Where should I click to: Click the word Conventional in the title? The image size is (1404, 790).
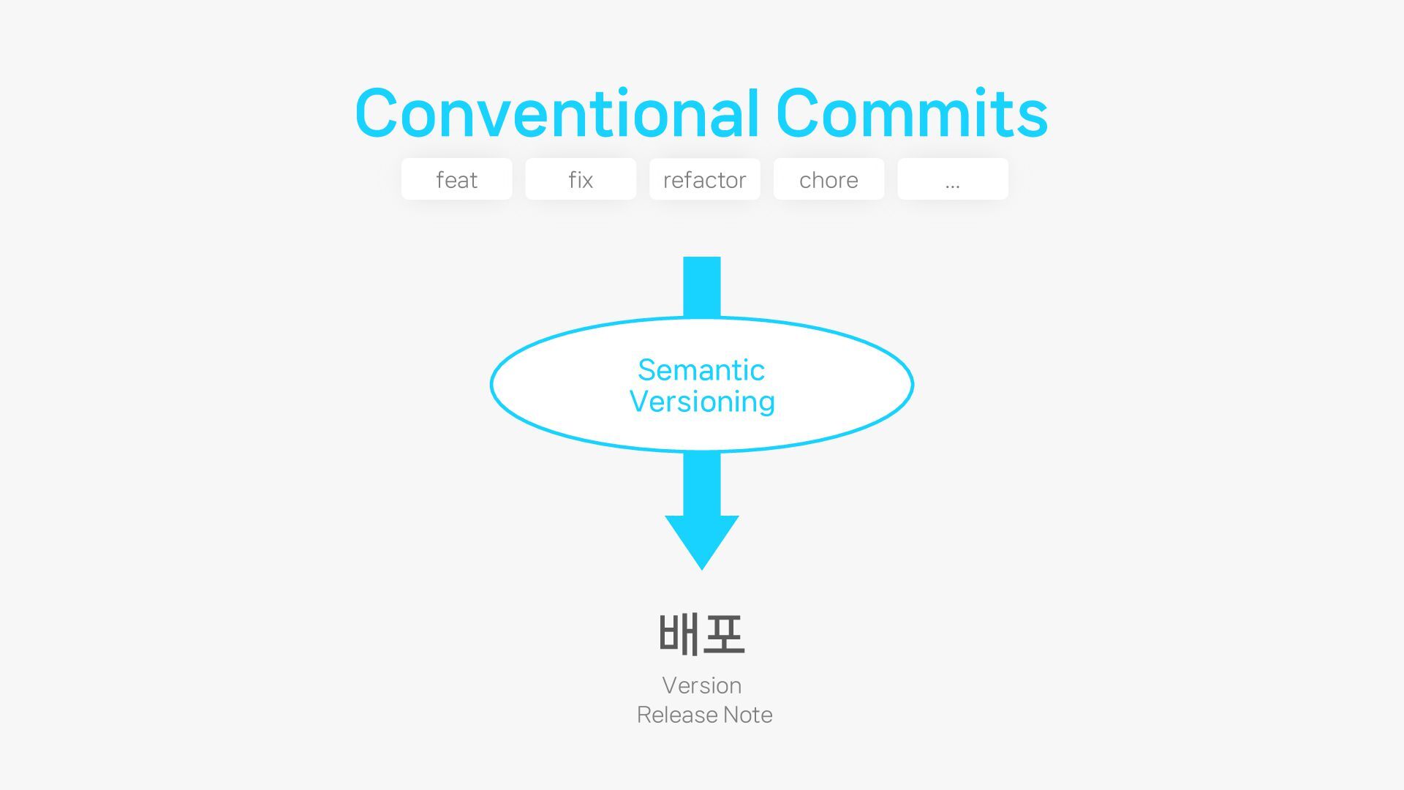point(557,113)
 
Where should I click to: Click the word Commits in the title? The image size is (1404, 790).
point(911,113)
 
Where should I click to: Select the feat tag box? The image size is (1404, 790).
point(456,179)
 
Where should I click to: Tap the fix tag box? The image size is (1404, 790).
point(581,179)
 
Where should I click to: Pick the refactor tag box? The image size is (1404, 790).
point(704,179)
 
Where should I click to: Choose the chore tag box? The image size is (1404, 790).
point(829,179)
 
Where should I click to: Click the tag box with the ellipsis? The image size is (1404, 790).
point(952,179)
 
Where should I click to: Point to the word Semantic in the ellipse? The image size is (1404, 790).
point(701,370)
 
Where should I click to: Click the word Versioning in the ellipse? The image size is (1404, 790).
point(702,402)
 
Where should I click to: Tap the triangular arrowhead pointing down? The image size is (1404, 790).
point(702,539)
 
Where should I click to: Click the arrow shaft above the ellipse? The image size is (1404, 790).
point(702,286)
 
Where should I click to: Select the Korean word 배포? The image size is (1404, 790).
point(702,634)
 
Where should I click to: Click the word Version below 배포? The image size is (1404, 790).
point(702,685)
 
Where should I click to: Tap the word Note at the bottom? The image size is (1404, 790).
point(748,715)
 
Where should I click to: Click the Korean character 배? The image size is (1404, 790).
point(679,634)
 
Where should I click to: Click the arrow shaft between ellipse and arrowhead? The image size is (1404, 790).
point(702,483)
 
